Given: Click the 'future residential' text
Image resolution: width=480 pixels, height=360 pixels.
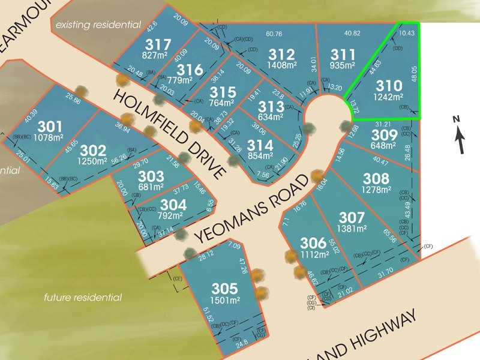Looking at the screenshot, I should click(x=83, y=298).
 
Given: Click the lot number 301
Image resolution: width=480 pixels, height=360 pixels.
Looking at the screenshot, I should click(x=50, y=127).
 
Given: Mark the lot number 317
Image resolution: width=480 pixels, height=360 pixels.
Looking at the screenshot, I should click(x=158, y=44).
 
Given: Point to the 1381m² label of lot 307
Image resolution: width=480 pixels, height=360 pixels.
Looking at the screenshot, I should click(x=352, y=229).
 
